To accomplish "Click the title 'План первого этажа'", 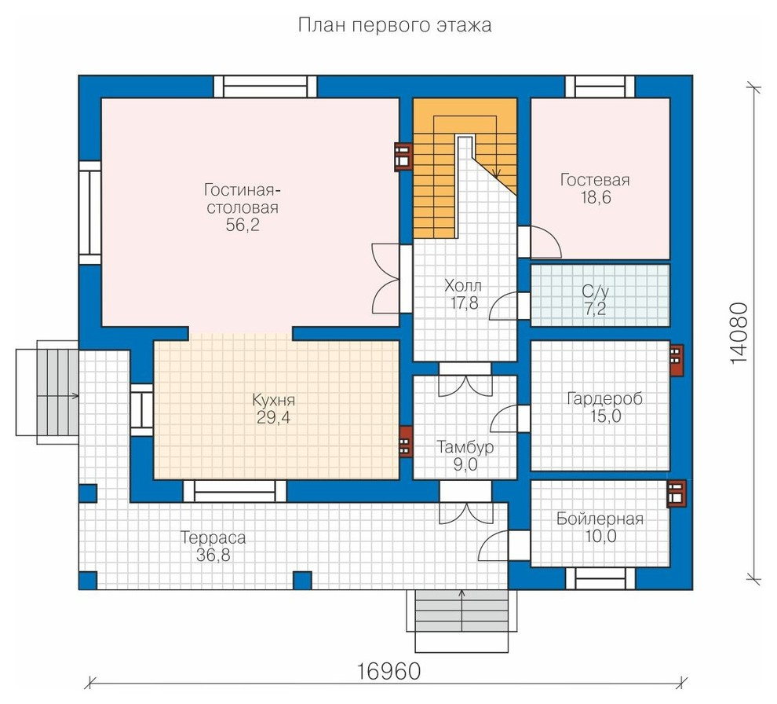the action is coord(395,25).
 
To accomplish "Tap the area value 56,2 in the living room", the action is coord(243,225).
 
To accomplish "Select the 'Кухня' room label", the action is coord(274,400).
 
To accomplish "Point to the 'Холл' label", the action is coord(463,286).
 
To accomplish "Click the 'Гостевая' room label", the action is coord(595,180).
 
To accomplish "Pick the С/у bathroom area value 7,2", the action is coord(595,309).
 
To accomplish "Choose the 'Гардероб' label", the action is coord(605,398).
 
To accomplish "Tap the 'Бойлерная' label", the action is coord(600,519).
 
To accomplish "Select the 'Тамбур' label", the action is coord(465,447).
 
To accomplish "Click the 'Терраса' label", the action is coord(213,537).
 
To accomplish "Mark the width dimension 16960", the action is coord(388,672).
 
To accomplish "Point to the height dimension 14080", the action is coord(739,333).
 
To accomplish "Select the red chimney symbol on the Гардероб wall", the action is coord(676,361).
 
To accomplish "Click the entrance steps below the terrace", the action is coord(461,621).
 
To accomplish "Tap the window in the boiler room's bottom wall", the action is coord(600,578).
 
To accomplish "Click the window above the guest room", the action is coord(600,87).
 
